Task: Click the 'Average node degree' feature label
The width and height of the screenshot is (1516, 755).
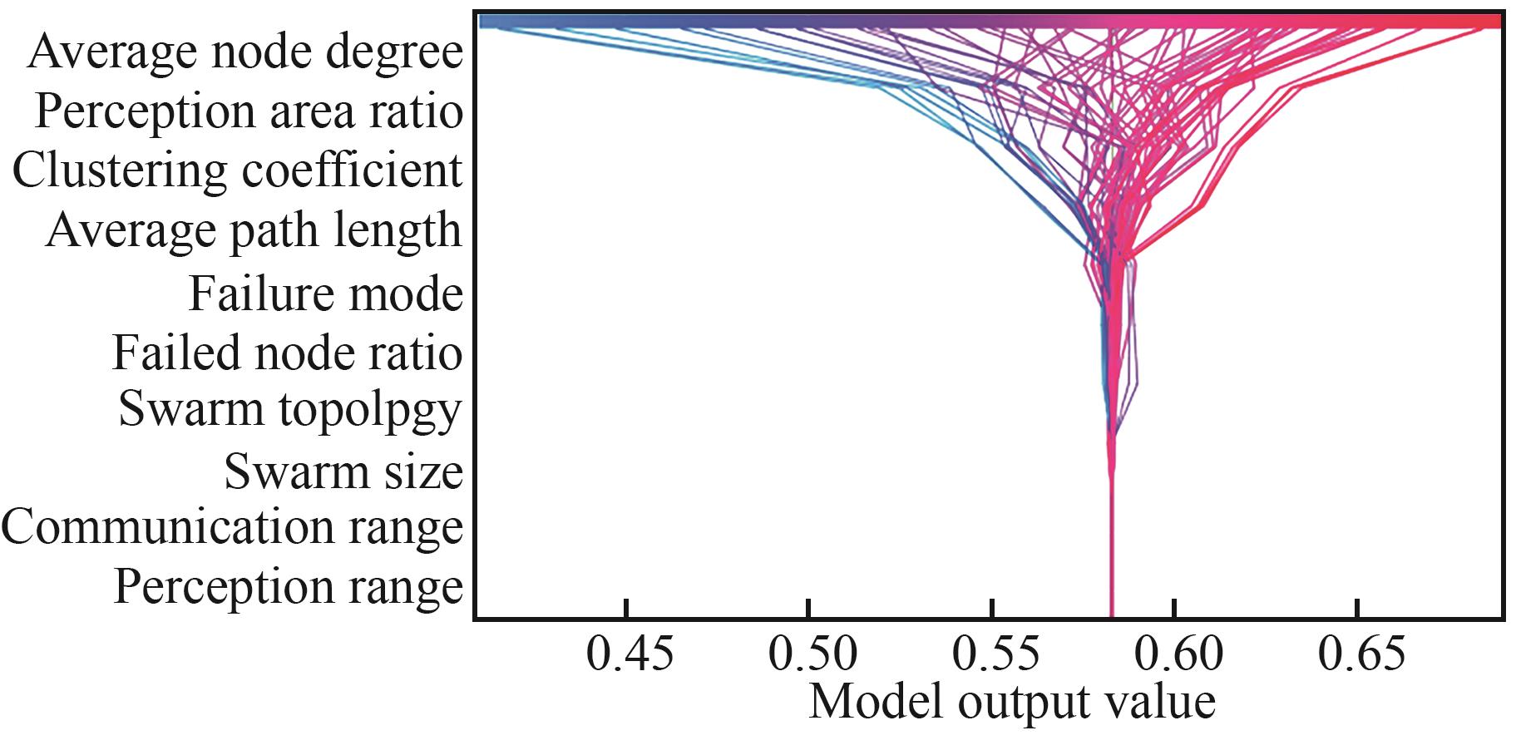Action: [x=245, y=52]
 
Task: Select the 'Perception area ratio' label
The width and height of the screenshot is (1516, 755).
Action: [x=249, y=112]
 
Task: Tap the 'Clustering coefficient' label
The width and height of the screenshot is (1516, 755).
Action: [x=237, y=171]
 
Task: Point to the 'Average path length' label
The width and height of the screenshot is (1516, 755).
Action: [x=254, y=231]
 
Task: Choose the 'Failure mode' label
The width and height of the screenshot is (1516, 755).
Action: [x=325, y=294]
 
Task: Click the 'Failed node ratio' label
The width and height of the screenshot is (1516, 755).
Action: [x=287, y=353]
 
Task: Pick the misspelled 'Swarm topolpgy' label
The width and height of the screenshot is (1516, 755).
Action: [x=289, y=410]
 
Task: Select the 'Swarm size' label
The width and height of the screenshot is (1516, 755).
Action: [x=343, y=471]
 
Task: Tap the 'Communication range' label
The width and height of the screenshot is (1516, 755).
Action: [x=232, y=528]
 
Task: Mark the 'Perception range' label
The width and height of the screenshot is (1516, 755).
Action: [x=288, y=587]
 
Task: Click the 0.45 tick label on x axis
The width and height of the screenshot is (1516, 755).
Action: [x=630, y=654]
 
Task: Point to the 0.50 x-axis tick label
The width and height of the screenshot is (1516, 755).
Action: [x=812, y=654]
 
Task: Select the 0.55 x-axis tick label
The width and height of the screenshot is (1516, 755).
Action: [x=995, y=654]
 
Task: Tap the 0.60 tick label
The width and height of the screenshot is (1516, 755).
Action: [x=1178, y=654]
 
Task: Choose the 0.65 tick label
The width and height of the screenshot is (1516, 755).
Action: [x=1361, y=654]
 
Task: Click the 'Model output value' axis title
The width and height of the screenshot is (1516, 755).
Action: [x=1012, y=702]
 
